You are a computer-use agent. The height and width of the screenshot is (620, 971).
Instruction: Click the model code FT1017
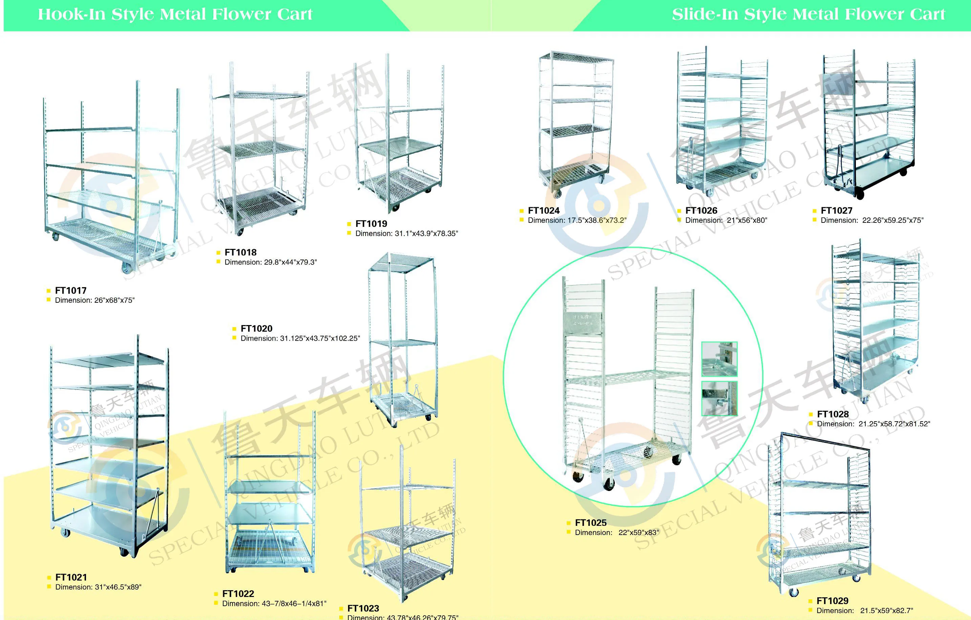point(70,291)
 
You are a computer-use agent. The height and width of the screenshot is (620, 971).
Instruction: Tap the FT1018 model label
point(240,253)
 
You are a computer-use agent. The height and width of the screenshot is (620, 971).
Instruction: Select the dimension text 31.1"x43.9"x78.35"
point(407,234)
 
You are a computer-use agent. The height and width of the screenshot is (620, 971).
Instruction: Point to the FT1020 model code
point(256,329)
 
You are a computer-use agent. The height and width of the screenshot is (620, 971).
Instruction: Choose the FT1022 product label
point(238,594)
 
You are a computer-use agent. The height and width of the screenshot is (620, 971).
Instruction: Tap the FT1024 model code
point(544,211)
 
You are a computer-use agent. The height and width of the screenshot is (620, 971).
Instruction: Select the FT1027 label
point(836,211)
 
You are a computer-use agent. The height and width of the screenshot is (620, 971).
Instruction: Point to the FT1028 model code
point(833,414)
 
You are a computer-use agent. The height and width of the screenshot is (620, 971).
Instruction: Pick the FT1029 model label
point(832,601)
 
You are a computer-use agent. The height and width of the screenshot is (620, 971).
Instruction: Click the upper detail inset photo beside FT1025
point(719,359)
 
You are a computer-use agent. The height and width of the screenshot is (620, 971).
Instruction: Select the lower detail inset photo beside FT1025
point(719,399)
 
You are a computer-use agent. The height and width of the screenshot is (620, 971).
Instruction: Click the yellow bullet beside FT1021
point(49,578)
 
